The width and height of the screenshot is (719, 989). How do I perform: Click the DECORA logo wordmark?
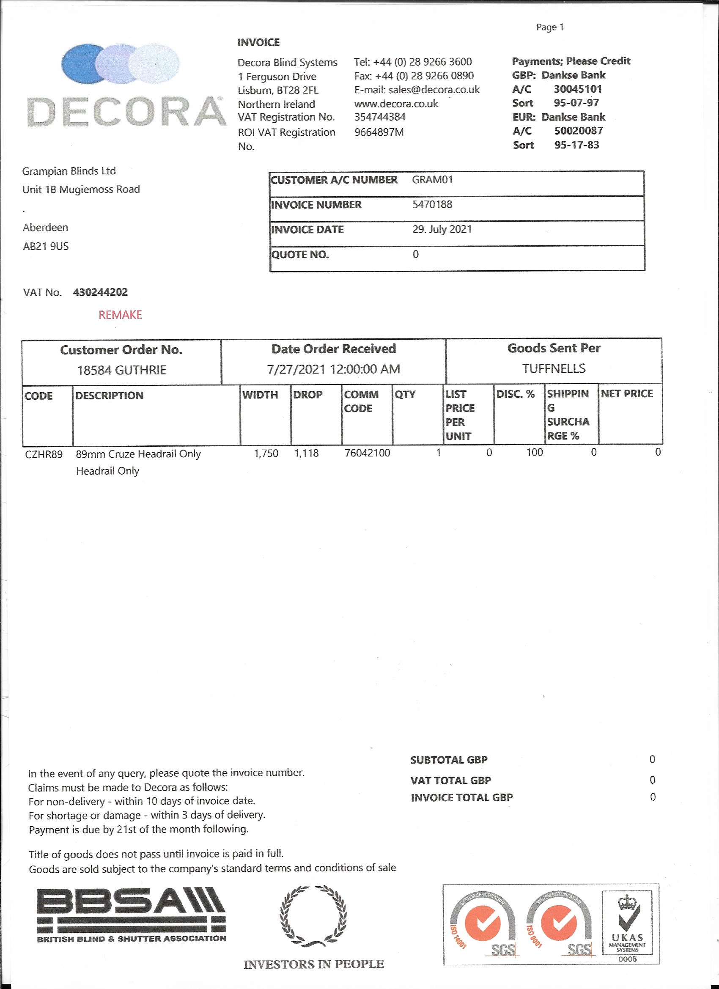tap(126, 112)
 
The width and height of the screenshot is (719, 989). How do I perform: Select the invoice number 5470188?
tap(432, 204)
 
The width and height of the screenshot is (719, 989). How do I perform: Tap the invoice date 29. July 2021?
tap(442, 229)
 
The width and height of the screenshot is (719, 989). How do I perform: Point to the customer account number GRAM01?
tap(432, 180)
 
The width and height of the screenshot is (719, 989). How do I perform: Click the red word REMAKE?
tap(121, 315)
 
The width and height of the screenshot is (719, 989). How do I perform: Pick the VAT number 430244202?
tap(100, 292)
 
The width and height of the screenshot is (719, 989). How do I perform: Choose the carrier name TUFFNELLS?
tap(554, 368)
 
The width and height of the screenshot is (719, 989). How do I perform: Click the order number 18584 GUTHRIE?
tap(122, 370)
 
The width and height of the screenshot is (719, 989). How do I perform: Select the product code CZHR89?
tap(44, 454)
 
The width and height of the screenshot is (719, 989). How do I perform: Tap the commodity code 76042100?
tap(367, 453)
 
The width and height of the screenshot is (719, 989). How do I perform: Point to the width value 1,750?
tap(266, 453)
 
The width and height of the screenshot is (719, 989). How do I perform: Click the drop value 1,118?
tap(306, 453)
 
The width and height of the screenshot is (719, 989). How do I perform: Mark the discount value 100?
tap(535, 453)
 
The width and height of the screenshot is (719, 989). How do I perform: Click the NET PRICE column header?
tap(626, 394)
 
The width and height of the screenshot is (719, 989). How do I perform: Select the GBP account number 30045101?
tap(578, 89)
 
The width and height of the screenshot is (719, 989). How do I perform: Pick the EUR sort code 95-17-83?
tap(576, 145)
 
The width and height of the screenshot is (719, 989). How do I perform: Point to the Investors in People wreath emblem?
tap(313, 915)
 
